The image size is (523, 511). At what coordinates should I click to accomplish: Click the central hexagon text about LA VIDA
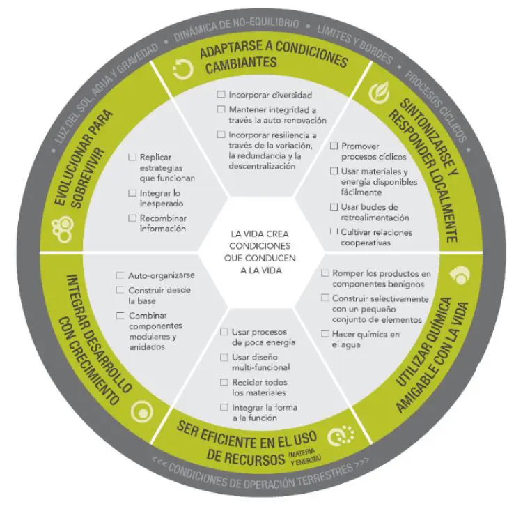(260, 252)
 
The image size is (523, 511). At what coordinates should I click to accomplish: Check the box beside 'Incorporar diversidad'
(221, 94)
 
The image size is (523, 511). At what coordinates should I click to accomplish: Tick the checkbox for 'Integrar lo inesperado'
(133, 192)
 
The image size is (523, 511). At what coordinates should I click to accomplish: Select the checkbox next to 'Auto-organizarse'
(121, 275)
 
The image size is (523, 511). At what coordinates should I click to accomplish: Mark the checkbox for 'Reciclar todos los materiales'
(224, 382)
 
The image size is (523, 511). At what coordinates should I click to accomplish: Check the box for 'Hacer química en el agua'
(325, 334)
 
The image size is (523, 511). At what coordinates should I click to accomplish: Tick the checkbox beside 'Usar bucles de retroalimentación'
(334, 207)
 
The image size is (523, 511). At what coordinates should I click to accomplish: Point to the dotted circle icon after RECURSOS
(338, 436)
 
